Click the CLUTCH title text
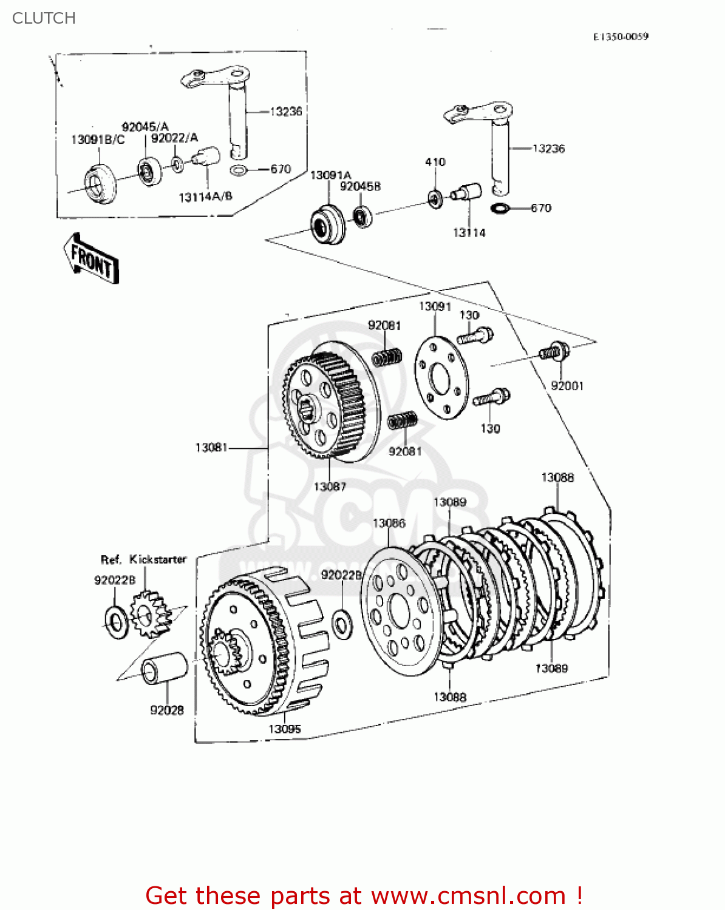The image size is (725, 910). (44, 18)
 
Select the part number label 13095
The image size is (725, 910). (285, 729)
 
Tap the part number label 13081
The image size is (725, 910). (211, 448)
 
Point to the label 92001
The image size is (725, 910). (567, 386)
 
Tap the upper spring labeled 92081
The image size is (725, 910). (387, 357)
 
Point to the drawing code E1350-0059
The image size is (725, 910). (621, 36)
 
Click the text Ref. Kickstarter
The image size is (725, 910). (143, 559)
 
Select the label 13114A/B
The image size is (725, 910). (205, 197)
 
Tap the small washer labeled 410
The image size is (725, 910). (435, 198)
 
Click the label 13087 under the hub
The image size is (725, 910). (330, 487)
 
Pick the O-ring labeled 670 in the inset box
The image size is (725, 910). (239, 170)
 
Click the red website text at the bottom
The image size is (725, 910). (364, 895)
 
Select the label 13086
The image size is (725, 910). (389, 523)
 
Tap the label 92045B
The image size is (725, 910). (360, 187)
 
